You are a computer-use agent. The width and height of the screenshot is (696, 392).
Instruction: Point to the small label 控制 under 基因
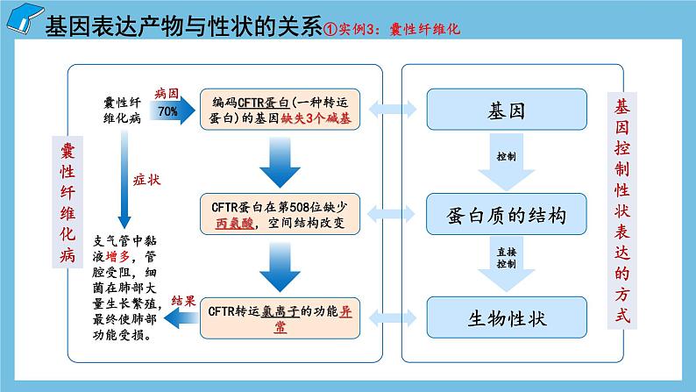coord(506,156)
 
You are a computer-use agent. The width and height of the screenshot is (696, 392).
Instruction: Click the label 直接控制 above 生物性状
coord(507,255)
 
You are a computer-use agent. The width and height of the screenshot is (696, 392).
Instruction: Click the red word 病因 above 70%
coord(167,93)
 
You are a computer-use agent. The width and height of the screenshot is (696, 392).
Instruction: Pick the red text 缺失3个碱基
coord(316,119)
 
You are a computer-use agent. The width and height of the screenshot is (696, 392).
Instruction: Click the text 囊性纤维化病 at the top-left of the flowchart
coord(121,112)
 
